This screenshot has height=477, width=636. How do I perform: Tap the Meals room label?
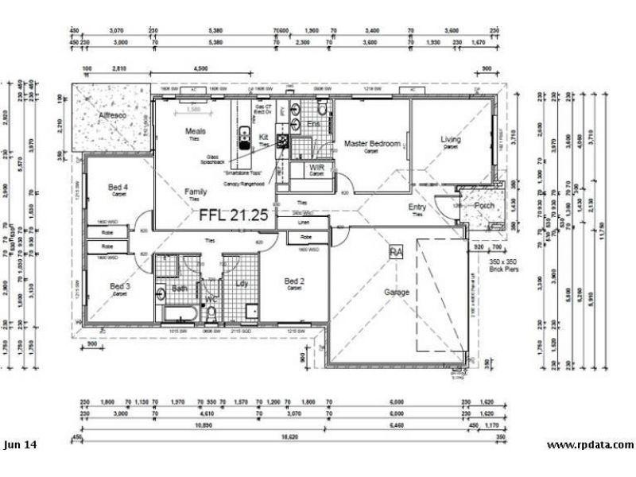point(196,130)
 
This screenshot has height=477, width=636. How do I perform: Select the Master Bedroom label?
point(371,143)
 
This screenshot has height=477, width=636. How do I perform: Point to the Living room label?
point(451,140)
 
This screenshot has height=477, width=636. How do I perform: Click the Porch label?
point(483,206)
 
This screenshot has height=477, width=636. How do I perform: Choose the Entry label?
point(417,207)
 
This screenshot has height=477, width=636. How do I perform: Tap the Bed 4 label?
point(118,188)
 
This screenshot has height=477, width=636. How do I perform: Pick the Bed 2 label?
point(295,281)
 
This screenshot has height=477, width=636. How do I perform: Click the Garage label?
point(397,292)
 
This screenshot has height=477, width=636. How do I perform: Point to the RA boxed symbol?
point(396,251)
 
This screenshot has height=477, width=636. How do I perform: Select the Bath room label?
point(180,289)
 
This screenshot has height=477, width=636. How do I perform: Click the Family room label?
point(196,192)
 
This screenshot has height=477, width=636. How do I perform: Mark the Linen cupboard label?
point(304,223)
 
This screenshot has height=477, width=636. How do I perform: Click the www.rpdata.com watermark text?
point(591,444)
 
